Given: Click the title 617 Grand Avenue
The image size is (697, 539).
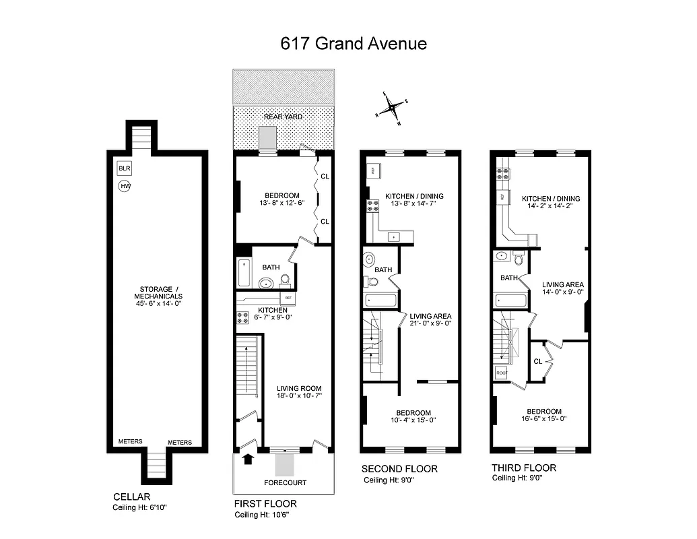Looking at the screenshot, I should [x=353, y=44].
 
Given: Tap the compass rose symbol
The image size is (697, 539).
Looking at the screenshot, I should [x=391, y=108].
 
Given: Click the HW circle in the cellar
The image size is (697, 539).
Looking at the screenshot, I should [x=125, y=185].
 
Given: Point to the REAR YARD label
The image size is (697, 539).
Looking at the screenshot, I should [x=283, y=117].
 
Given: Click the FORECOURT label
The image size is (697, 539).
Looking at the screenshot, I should [x=285, y=482].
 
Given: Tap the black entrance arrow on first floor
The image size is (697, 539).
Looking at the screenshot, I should [x=248, y=459].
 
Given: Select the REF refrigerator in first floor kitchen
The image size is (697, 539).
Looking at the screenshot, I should [x=288, y=297].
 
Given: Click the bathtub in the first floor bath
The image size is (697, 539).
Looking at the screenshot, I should [x=244, y=274].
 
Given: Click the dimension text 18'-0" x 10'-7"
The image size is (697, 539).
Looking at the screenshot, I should [x=299, y=396].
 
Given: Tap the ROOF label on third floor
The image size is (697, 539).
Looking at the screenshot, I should [x=502, y=372].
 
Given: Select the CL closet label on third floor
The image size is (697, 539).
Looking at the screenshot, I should [x=537, y=361].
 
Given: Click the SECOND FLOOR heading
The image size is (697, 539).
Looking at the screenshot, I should [x=399, y=469].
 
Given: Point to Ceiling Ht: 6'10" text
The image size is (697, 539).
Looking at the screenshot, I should [x=139, y=507].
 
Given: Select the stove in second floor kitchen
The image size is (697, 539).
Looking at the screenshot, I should [x=372, y=207].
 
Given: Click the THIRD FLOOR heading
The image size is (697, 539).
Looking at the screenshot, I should [x=524, y=468].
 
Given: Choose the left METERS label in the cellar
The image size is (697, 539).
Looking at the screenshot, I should [x=130, y=442].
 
